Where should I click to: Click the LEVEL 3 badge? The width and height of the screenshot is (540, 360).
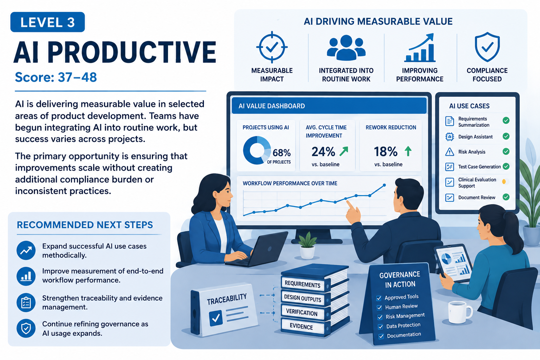(47, 22)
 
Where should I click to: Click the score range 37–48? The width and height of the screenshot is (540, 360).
(77, 77)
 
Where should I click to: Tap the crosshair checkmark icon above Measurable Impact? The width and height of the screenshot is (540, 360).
(272, 47)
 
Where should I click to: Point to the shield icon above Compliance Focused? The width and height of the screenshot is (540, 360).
(487, 47)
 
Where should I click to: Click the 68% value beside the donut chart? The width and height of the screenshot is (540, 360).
(282, 153)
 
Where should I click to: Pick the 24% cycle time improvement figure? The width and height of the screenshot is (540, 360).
(323, 152)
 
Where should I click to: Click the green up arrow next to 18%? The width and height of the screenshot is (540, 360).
(408, 151)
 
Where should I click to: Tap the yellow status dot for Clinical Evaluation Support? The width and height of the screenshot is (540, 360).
(504, 182)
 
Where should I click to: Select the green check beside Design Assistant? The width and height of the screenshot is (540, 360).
(506, 136)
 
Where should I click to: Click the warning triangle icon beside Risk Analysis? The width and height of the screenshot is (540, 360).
(450, 152)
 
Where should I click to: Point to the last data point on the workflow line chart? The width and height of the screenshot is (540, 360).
(384, 185)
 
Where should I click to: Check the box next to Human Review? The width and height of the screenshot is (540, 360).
(379, 308)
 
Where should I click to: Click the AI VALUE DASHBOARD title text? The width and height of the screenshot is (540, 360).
(272, 106)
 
